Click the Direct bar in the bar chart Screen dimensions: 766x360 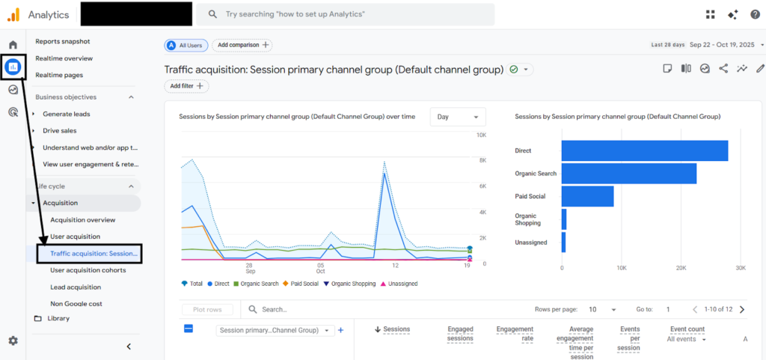pyautogui.click(x=645, y=151)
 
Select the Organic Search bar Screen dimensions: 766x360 pyautogui.click(x=629, y=174)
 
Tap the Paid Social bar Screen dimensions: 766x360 pyautogui.click(x=588, y=196)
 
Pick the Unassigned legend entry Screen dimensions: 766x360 pyautogui.click(x=399, y=284)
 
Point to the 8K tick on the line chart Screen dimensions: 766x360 pyautogui.click(x=481, y=160)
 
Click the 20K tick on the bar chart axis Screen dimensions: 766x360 pyautogui.click(x=681, y=268)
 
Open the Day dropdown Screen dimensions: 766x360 pyautogui.click(x=458, y=117)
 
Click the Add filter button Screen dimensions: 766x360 pyautogui.click(x=186, y=86)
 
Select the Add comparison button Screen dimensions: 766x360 pyautogui.click(x=242, y=45)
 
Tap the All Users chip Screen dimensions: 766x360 pyautogui.click(x=186, y=45)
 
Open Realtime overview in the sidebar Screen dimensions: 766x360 pyautogui.click(x=64, y=58)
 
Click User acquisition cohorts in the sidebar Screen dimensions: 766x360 pyautogui.click(x=88, y=270)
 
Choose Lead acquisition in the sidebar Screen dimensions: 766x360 pyautogui.click(x=76, y=287)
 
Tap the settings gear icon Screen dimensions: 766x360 pyautogui.click(x=13, y=341)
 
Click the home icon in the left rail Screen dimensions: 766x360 pyautogui.click(x=13, y=45)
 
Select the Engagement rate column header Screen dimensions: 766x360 pyautogui.click(x=515, y=334)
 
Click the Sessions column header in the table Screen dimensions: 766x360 pyautogui.click(x=393, y=330)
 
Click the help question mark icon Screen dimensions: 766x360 pyautogui.click(x=756, y=15)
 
